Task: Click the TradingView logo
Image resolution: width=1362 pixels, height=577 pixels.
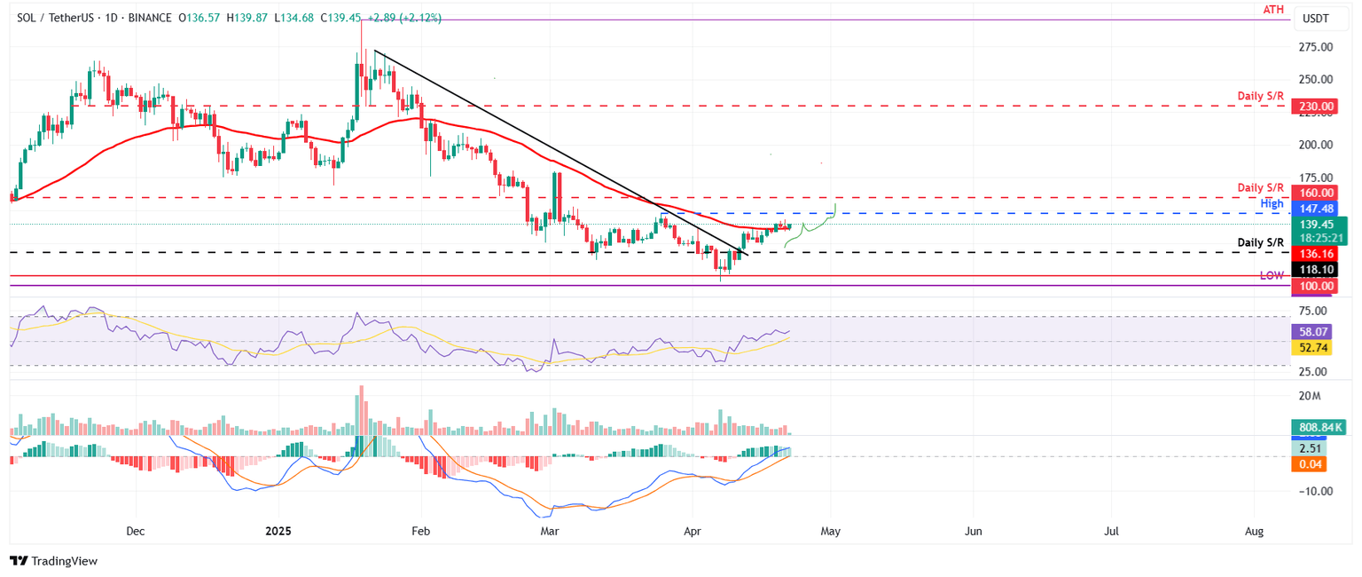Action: tap(53, 561)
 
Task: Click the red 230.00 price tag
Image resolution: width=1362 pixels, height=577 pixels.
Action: tap(1317, 107)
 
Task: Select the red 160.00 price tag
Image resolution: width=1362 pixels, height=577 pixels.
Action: tap(1317, 193)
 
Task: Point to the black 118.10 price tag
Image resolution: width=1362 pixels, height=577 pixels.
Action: tap(1317, 269)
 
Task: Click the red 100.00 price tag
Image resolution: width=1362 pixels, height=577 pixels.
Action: tap(1317, 286)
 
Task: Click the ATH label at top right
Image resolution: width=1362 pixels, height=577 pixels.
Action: tap(1274, 10)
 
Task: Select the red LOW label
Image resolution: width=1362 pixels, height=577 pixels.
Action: tap(1272, 276)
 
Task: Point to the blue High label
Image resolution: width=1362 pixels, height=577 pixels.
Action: tap(1272, 204)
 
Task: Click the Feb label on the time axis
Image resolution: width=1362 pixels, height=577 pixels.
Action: tap(421, 531)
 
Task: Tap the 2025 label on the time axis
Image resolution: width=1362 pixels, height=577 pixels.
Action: tap(278, 531)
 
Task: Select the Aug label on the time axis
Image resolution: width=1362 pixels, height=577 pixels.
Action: tap(1254, 531)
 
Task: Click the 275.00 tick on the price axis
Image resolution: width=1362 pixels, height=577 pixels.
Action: tap(1319, 46)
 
